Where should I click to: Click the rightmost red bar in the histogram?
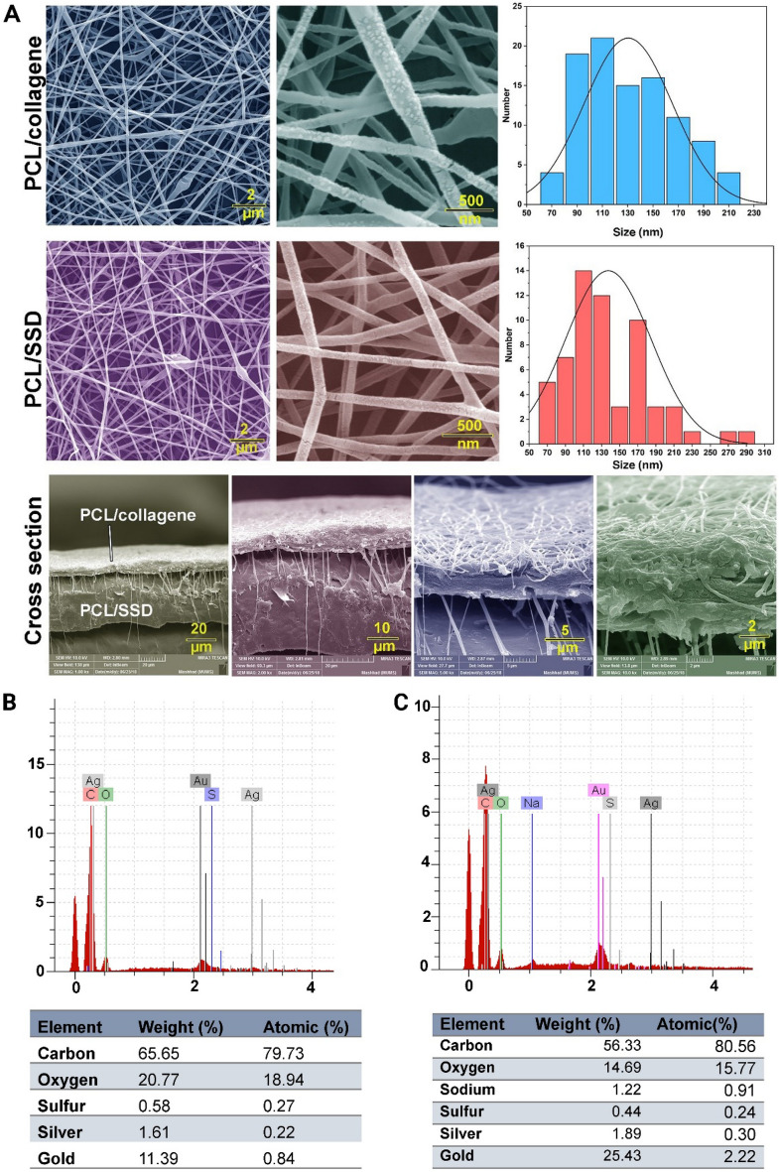(745, 437)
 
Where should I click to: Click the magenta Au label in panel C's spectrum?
(597, 790)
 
